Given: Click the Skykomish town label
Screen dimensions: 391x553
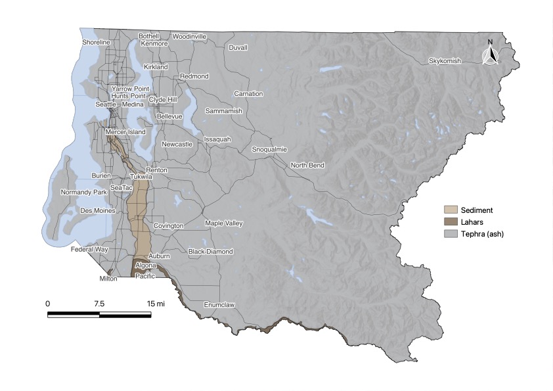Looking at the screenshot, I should click(x=445, y=61).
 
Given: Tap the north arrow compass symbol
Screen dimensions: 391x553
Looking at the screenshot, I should click(x=489, y=53).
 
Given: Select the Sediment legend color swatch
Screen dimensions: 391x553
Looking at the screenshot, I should click(x=450, y=210).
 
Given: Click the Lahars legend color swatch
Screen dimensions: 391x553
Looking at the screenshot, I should click(x=450, y=222).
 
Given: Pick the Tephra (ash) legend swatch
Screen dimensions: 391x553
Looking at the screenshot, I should click(x=450, y=234).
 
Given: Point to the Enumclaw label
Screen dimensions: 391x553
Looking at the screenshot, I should click(x=219, y=305).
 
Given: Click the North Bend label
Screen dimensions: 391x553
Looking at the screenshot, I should click(x=307, y=165).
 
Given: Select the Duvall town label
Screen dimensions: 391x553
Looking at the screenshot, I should click(x=238, y=48).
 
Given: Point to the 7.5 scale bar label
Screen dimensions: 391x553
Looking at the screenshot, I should click(x=99, y=304).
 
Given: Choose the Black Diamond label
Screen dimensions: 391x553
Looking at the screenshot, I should click(x=210, y=252).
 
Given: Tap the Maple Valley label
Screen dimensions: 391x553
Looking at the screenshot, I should click(x=224, y=223).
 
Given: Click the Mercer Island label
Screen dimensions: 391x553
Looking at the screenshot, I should click(x=125, y=132).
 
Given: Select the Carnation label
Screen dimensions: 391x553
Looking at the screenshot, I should click(x=248, y=94).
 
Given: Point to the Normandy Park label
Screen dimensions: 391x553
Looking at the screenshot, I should click(x=83, y=193).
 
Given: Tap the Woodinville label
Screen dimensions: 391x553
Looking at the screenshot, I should click(x=190, y=36).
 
